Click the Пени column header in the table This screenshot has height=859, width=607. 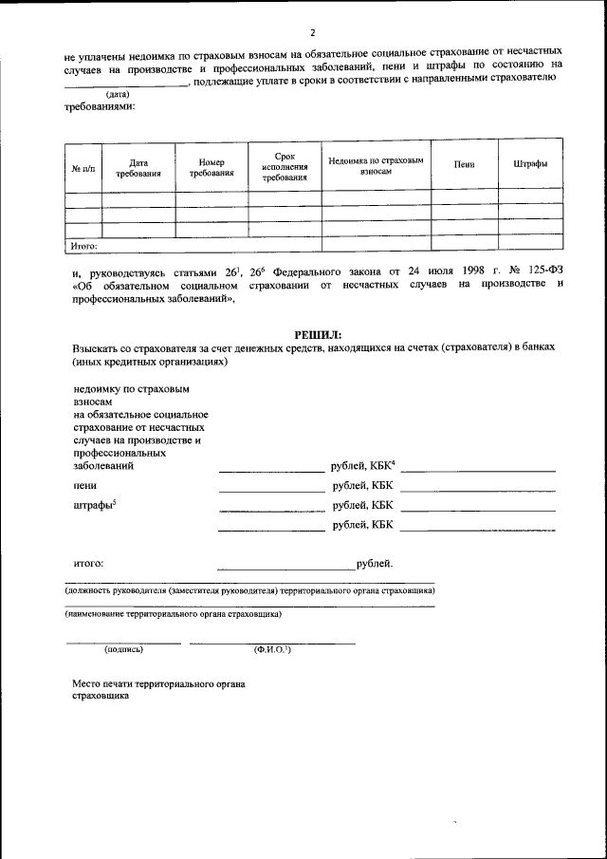coord(464,164)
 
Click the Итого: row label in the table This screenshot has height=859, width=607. coord(85,245)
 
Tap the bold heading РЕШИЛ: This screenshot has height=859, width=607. coord(317,334)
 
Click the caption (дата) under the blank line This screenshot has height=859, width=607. coord(118,94)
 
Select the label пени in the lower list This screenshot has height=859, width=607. coord(83,485)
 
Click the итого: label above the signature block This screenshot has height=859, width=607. coord(88,563)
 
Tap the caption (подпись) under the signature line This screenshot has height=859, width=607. coord(123,650)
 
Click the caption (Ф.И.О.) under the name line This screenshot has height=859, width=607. coord(271,650)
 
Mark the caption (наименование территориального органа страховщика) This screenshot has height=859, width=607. coord(173,613)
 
